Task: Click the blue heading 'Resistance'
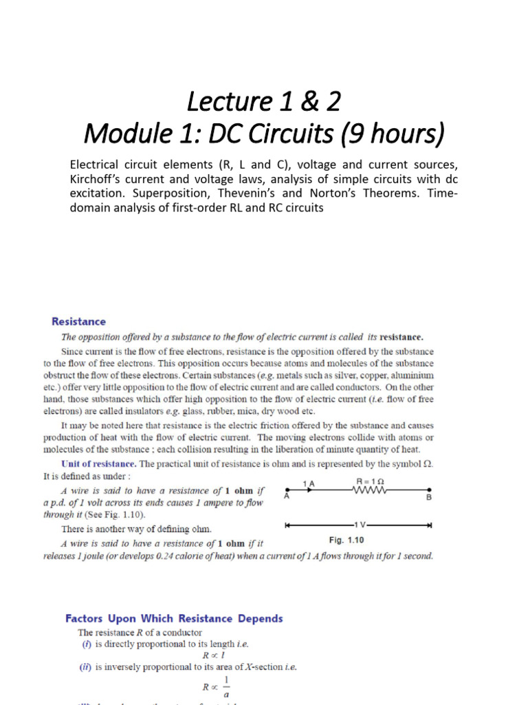[79, 322]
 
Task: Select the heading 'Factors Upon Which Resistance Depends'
[174, 618]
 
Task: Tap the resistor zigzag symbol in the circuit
[371, 491]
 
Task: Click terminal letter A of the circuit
[285, 497]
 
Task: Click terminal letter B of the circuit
[429, 497]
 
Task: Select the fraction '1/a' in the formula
[225, 687]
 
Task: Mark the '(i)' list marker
[85, 644]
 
